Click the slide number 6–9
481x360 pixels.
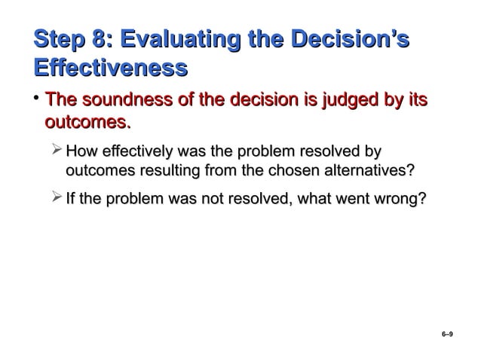pyautogui.click(x=447, y=332)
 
